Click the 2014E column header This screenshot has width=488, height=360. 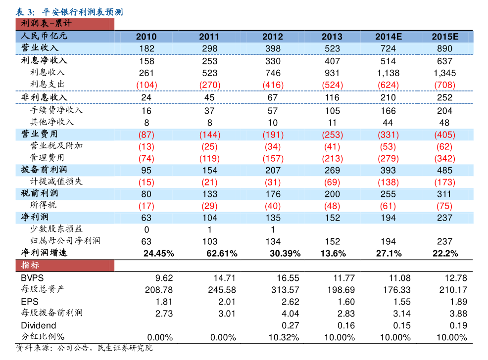(x=388, y=37)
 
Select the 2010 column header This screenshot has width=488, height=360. (x=146, y=37)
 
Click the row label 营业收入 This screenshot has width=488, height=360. (x=40, y=48)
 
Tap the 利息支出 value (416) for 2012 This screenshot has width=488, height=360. (x=273, y=85)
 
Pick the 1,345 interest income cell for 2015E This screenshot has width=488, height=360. (x=444, y=73)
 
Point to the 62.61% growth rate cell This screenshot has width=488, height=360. (x=220, y=254)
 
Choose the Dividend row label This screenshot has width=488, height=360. (x=38, y=325)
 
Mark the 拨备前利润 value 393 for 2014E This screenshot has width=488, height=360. (x=388, y=170)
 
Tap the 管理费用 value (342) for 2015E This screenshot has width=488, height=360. (x=444, y=159)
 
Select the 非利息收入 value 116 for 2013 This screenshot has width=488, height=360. (x=332, y=98)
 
